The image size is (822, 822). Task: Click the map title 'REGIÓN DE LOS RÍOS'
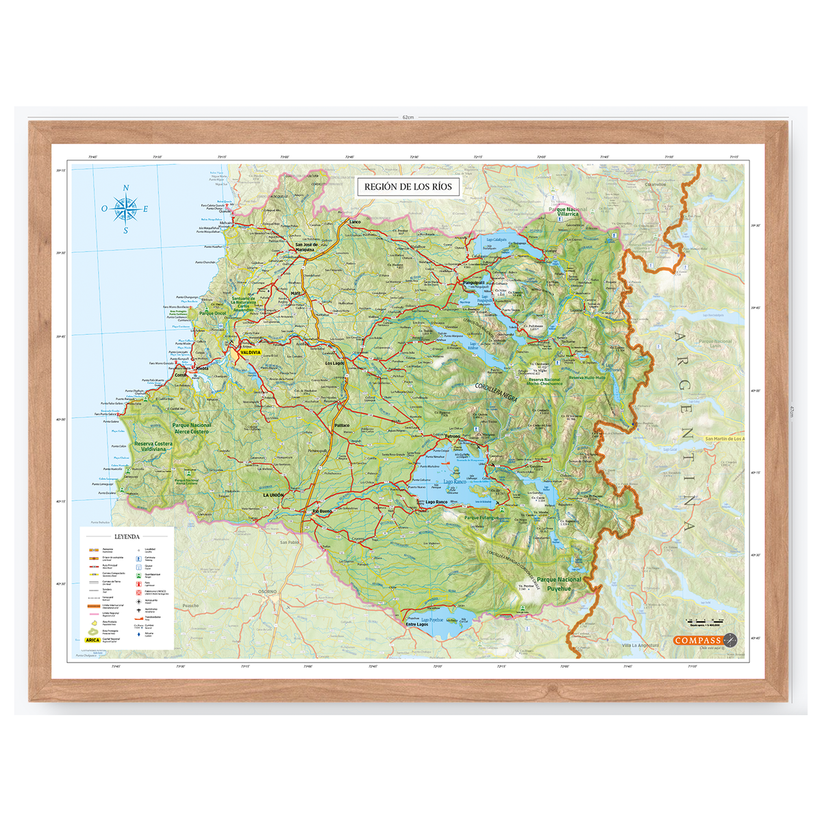408,186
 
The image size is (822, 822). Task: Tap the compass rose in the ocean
125,208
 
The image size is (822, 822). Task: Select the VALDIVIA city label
249,353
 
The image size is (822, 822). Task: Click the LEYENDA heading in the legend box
127,536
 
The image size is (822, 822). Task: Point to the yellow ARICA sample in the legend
92,640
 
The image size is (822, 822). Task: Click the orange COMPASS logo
698,640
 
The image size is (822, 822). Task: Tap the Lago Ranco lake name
454,482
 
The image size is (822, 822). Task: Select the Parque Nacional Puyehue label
559,584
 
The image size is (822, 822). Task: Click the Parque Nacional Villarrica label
568,212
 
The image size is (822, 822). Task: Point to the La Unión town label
273,495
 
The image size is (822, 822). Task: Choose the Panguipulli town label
473,282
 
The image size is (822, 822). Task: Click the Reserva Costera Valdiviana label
153,446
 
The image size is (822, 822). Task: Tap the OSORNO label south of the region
267,591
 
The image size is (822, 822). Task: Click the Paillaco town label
342,425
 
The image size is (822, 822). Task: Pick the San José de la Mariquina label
306,247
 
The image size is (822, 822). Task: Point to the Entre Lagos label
416,624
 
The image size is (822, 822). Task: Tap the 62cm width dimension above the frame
408,117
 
